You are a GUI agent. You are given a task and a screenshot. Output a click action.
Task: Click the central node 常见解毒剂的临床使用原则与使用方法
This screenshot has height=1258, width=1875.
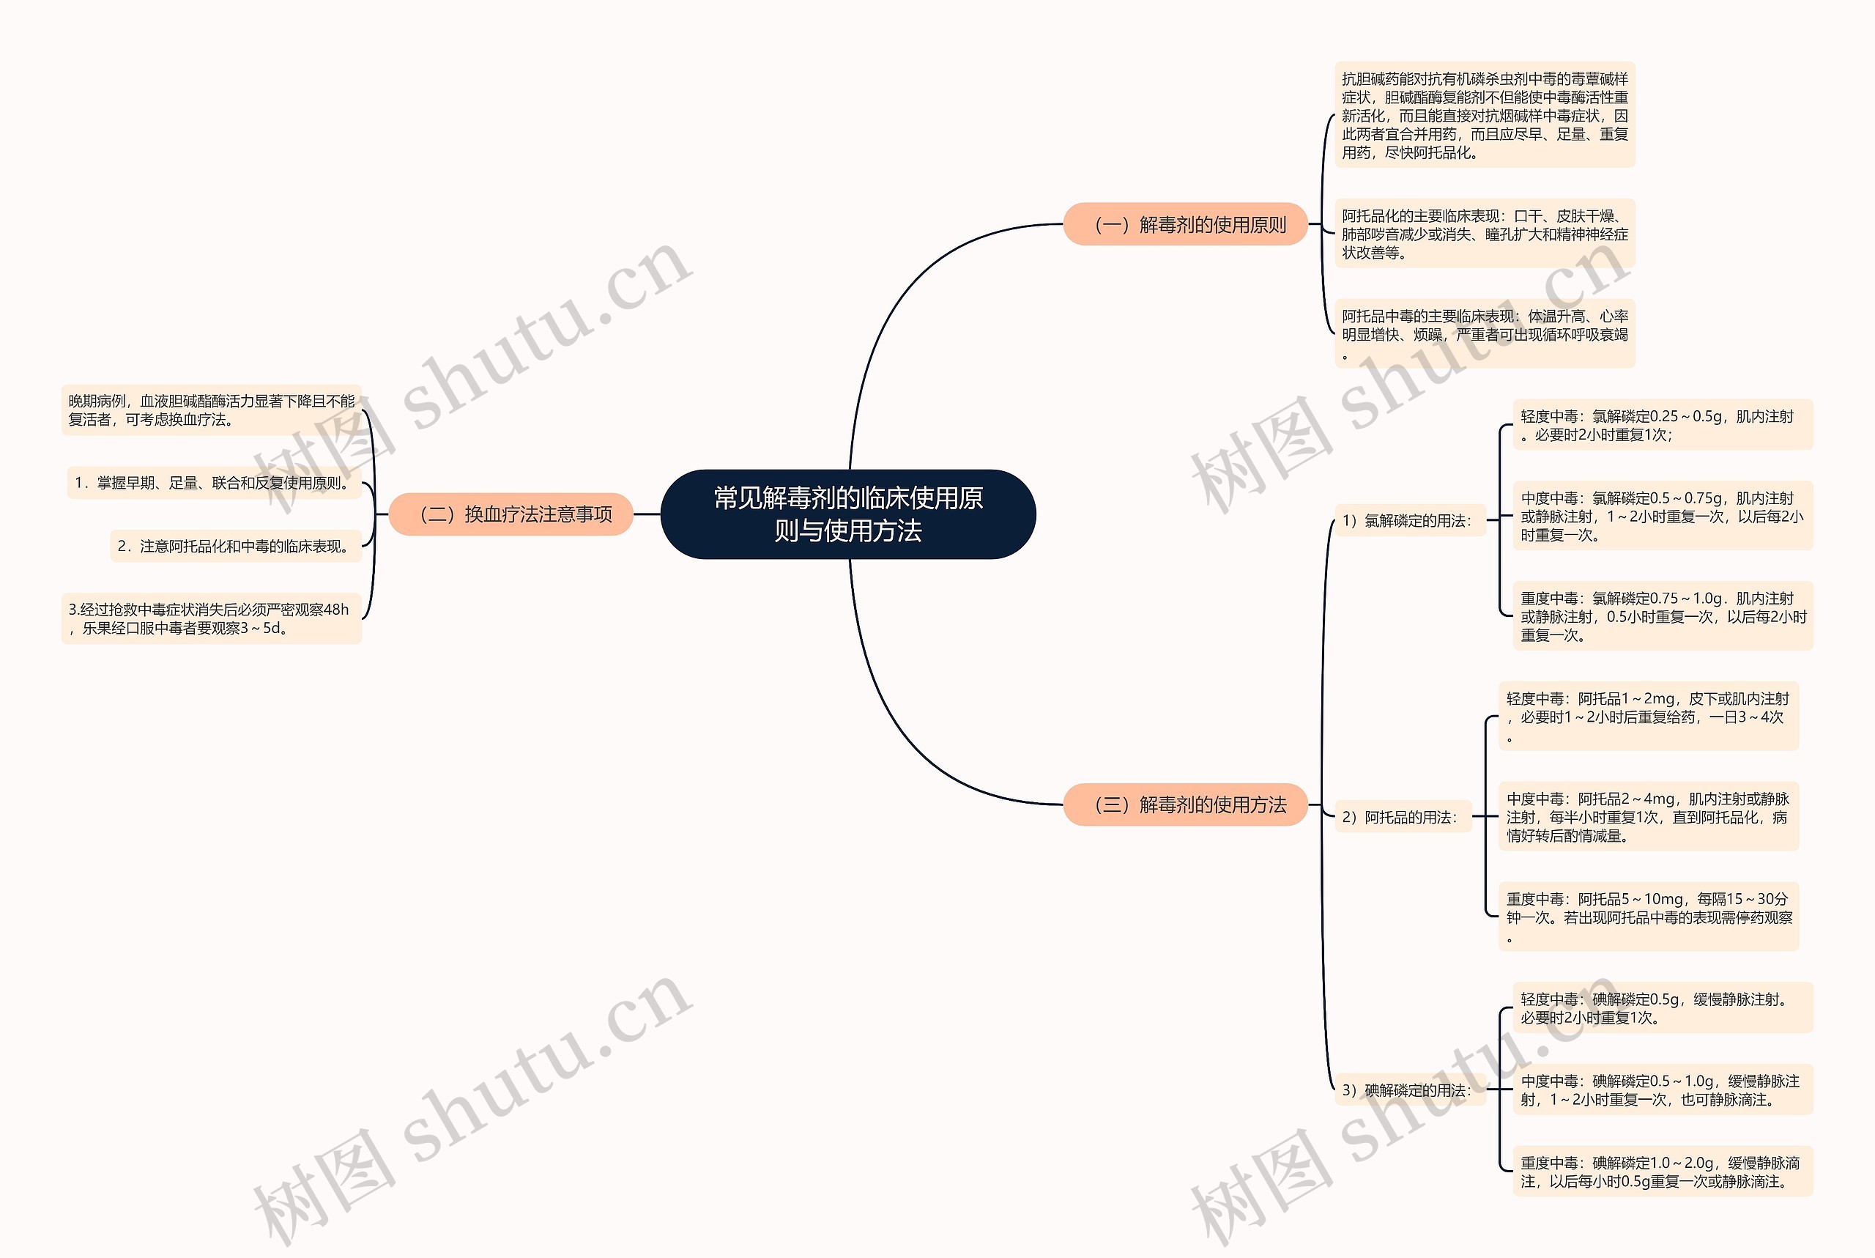pos(847,514)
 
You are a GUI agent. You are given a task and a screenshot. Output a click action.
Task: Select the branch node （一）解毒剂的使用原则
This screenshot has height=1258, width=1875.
pos(1184,225)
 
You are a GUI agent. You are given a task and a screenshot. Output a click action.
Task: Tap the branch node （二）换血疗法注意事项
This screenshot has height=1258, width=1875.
pos(510,514)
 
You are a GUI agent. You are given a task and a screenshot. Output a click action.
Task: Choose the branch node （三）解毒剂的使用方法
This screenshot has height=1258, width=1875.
pos(1184,804)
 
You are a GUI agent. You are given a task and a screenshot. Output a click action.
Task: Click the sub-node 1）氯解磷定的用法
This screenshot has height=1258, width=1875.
pos(1409,521)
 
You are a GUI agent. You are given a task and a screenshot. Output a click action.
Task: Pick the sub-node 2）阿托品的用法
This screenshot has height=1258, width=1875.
pos(1402,818)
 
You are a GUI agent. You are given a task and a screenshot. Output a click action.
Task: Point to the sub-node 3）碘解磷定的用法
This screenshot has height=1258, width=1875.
pos(1409,1090)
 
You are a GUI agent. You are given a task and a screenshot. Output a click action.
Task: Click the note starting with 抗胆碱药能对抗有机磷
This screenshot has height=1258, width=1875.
pos(1485,116)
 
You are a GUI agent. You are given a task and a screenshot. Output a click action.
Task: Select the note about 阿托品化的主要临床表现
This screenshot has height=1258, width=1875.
pos(1485,234)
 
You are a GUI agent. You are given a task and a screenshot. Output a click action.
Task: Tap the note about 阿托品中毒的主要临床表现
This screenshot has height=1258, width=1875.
pos(1485,335)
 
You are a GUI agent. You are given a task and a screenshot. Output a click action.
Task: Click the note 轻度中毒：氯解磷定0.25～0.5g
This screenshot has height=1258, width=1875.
pos(1662,425)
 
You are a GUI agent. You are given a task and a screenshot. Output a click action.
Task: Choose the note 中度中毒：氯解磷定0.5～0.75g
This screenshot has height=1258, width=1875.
pos(1662,517)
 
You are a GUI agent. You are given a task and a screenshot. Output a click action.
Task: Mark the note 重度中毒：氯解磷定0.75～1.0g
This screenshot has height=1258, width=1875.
pos(1662,616)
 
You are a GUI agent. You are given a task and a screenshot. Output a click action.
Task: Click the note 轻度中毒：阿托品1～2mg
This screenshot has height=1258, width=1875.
pos(1648,717)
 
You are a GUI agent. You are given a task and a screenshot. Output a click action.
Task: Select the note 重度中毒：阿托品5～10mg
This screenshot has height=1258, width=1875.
pos(1648,917)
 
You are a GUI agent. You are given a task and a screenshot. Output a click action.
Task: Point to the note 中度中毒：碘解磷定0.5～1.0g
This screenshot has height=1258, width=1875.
pos(1662,1090)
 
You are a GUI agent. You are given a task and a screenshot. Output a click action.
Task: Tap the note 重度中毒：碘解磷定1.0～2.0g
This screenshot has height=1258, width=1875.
pos(1662,1172)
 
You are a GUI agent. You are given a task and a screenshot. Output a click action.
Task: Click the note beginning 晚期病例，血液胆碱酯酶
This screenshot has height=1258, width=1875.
pos(211,410)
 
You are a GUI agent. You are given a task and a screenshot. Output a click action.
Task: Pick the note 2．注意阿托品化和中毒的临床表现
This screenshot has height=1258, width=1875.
pos(235,547)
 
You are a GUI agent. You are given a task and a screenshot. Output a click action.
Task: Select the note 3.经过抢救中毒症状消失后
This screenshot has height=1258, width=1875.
pos(211,618)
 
